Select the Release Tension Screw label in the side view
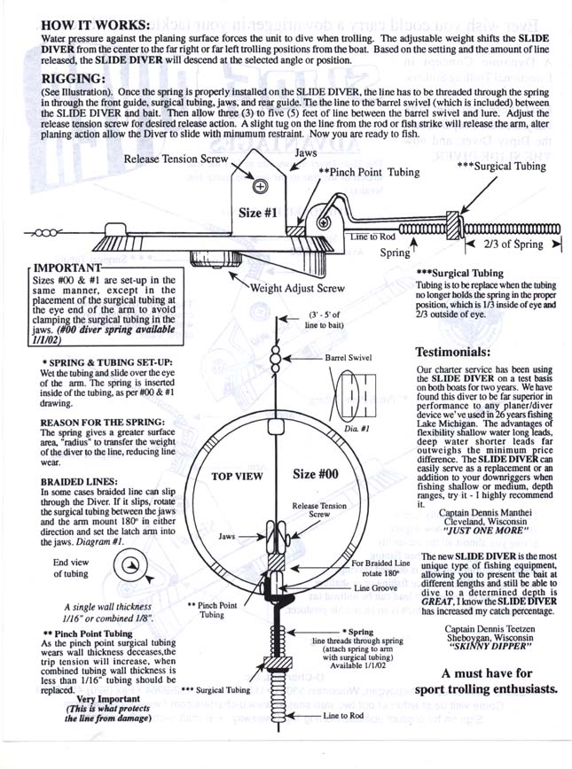176,159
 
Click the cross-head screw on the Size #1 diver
260,187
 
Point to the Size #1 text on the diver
263,213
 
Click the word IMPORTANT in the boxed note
68,264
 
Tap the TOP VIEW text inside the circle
240,476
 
